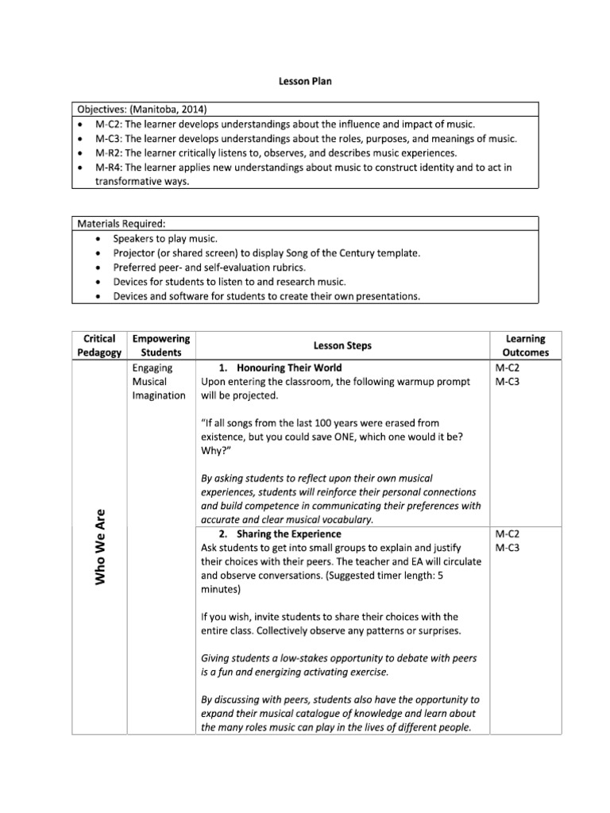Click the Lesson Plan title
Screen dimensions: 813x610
coord(305,82)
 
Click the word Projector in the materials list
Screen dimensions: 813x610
coord(137,252)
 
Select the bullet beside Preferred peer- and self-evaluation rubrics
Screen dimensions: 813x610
coord(97,268)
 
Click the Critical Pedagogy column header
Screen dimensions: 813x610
coord(100,345)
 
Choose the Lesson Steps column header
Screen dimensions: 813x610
coord(342,345)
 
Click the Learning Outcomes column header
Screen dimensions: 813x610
coord(525,345)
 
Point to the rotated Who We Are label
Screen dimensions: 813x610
coord(101,547)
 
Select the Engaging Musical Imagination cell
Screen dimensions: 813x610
coord(159,382)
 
